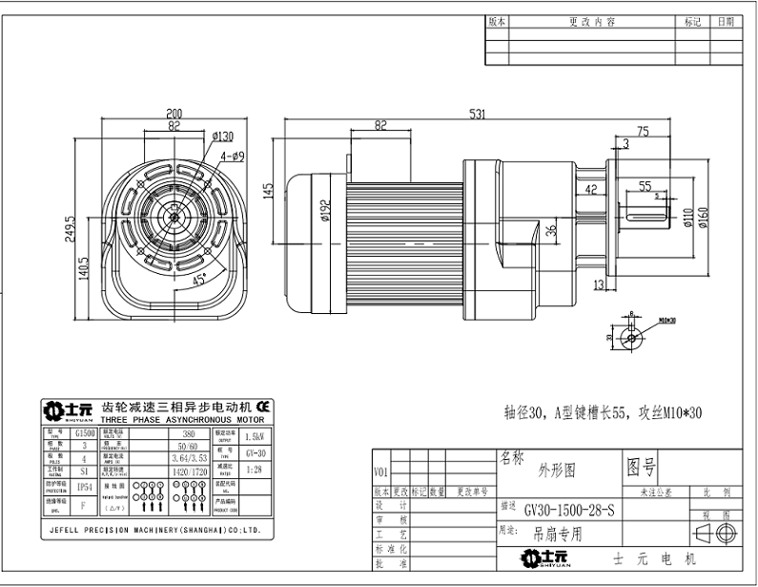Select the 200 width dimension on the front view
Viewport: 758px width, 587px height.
click(x=174, y=111)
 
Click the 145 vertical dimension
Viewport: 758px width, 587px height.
click(x=269, y=190)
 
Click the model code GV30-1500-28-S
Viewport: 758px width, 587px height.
click(x=569, y=513)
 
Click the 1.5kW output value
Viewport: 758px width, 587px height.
click(x=255, y=435)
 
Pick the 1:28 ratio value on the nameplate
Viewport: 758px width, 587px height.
click(x=255, y=469)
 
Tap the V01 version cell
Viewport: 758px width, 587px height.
click(x=381, y=472)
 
